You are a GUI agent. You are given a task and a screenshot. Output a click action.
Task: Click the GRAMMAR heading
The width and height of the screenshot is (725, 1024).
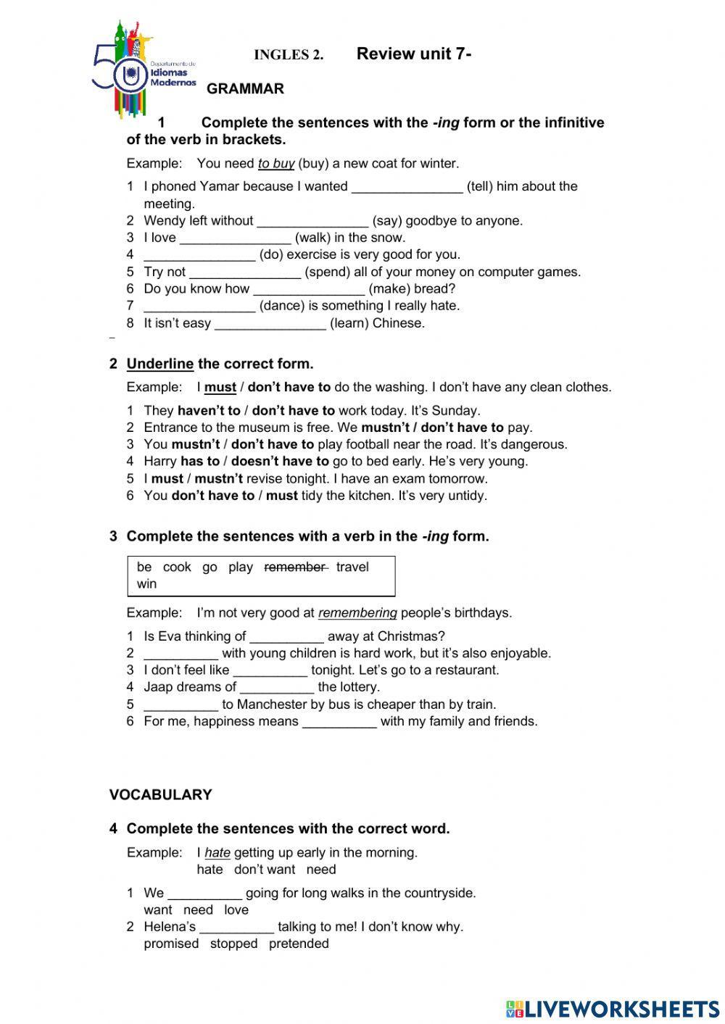pos(245,89)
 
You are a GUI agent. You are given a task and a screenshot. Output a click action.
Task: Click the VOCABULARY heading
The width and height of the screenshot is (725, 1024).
pos(160,795)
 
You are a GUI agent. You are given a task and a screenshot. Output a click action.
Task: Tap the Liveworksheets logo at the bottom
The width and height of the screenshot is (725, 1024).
pos(613,1008)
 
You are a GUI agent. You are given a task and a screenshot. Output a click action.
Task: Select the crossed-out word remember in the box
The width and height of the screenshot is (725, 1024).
pos(295,567)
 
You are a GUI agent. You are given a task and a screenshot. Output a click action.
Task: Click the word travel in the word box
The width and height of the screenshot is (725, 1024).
pos(352,567)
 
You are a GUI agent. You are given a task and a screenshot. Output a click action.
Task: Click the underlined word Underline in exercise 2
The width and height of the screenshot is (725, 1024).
pos(159,364)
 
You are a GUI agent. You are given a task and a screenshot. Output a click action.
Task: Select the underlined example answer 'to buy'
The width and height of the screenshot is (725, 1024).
pos(275,164)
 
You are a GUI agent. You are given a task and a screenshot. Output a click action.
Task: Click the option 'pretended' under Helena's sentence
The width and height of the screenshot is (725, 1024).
pos(299,944)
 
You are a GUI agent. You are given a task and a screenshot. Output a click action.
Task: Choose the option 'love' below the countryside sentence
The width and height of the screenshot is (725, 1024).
pos(236,910)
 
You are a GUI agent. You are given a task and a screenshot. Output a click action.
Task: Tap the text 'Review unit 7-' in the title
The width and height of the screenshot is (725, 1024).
pos(414,54)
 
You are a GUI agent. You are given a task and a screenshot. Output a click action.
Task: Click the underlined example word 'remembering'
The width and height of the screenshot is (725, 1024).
pos(357,613)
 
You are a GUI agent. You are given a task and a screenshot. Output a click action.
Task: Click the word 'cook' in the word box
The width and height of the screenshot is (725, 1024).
pos(177,567)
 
